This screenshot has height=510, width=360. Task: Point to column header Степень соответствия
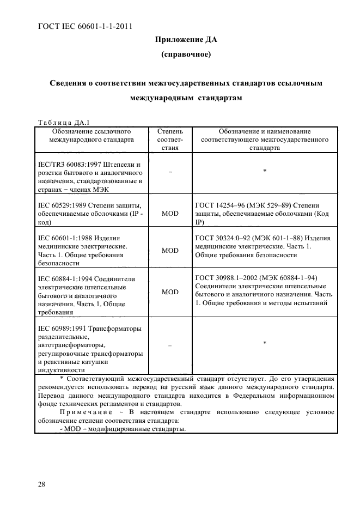pyautogui.click(x=170, y=139)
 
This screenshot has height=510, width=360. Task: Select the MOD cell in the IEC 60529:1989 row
pyautogui.click(x=170, y=213)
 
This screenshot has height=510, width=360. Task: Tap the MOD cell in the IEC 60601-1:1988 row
pyautogui.click(x=170, y=251)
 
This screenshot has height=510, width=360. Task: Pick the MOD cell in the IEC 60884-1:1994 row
pyautogui.click(x=170, y=292)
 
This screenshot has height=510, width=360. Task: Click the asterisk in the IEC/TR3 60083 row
pyautogui.click(x=264, y=171)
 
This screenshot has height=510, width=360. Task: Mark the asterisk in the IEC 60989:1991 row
pyautogui.click(x=264, y=343)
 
